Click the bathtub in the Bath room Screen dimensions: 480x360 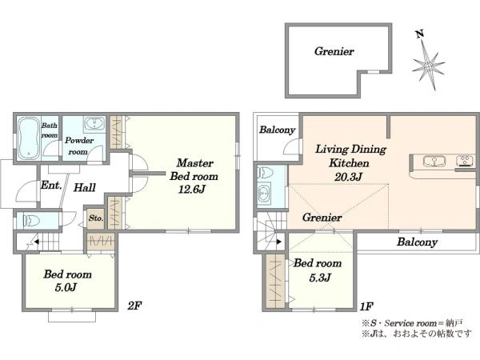29,138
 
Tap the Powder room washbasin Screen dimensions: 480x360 94,124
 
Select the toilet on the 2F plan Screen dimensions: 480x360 31,221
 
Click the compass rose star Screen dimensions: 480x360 428,66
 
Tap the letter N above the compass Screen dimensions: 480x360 420,34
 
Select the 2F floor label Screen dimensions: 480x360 134,306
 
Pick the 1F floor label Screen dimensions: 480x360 366,306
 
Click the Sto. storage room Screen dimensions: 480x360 95,219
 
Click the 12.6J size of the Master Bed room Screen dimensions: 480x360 191,190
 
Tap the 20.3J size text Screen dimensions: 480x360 348,177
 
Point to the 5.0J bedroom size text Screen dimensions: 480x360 66,287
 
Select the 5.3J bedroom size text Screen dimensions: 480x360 320,278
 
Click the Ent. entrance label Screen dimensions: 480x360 51,186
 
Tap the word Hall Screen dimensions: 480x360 84,187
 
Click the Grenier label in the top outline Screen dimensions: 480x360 334,51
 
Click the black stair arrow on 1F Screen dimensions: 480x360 279,242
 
